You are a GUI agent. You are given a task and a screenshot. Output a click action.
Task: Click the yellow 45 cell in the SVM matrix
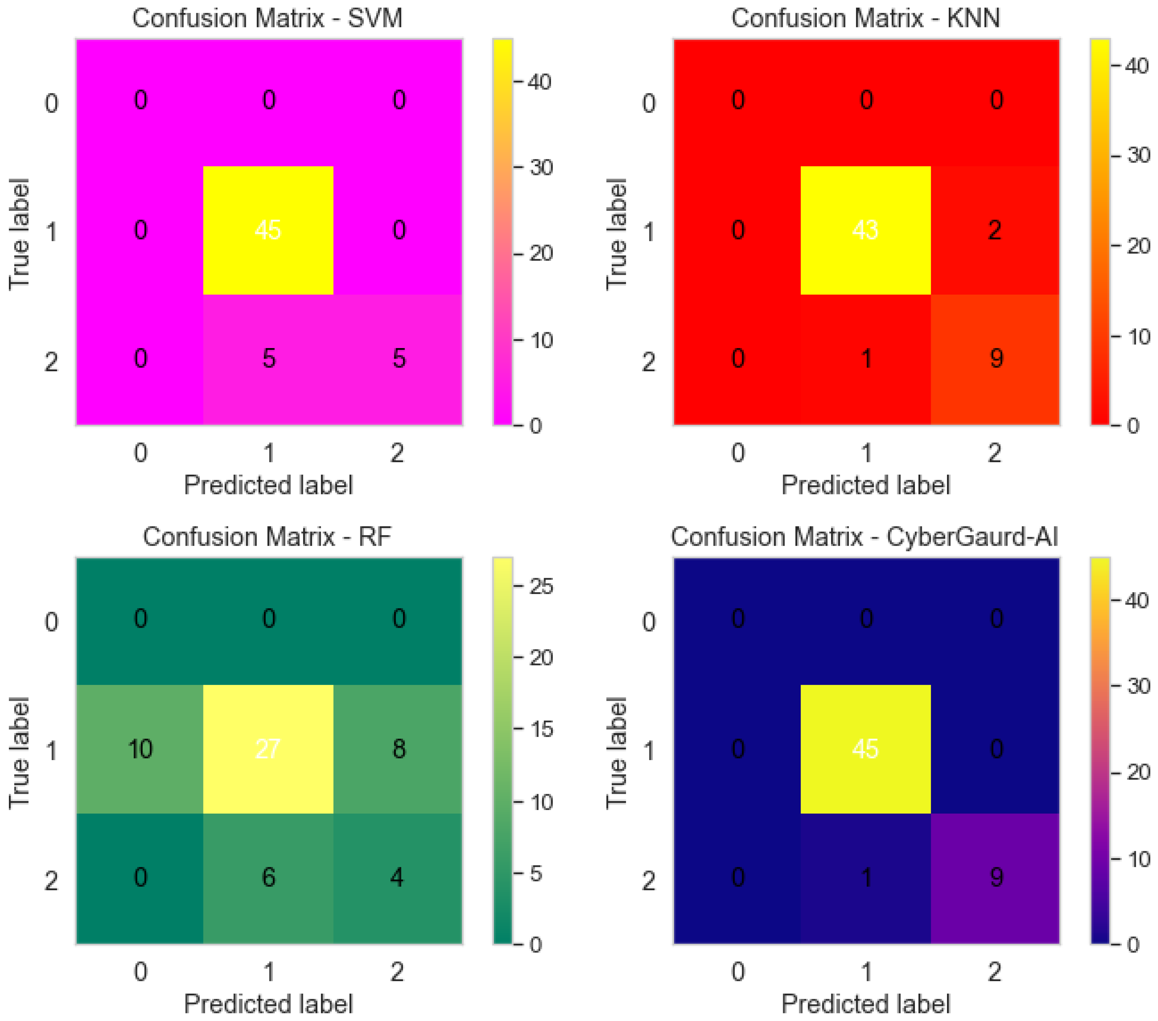pos(268,230)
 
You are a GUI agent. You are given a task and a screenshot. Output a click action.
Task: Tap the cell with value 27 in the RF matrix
pos(268,749)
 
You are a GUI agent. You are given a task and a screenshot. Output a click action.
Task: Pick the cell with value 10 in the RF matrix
pos(140,749)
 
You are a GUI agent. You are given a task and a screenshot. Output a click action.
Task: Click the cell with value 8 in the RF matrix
pos(398,749)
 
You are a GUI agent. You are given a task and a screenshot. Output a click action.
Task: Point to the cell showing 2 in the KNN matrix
pos(995,230)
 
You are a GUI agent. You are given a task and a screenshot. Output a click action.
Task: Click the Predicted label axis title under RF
pos(268,1004)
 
